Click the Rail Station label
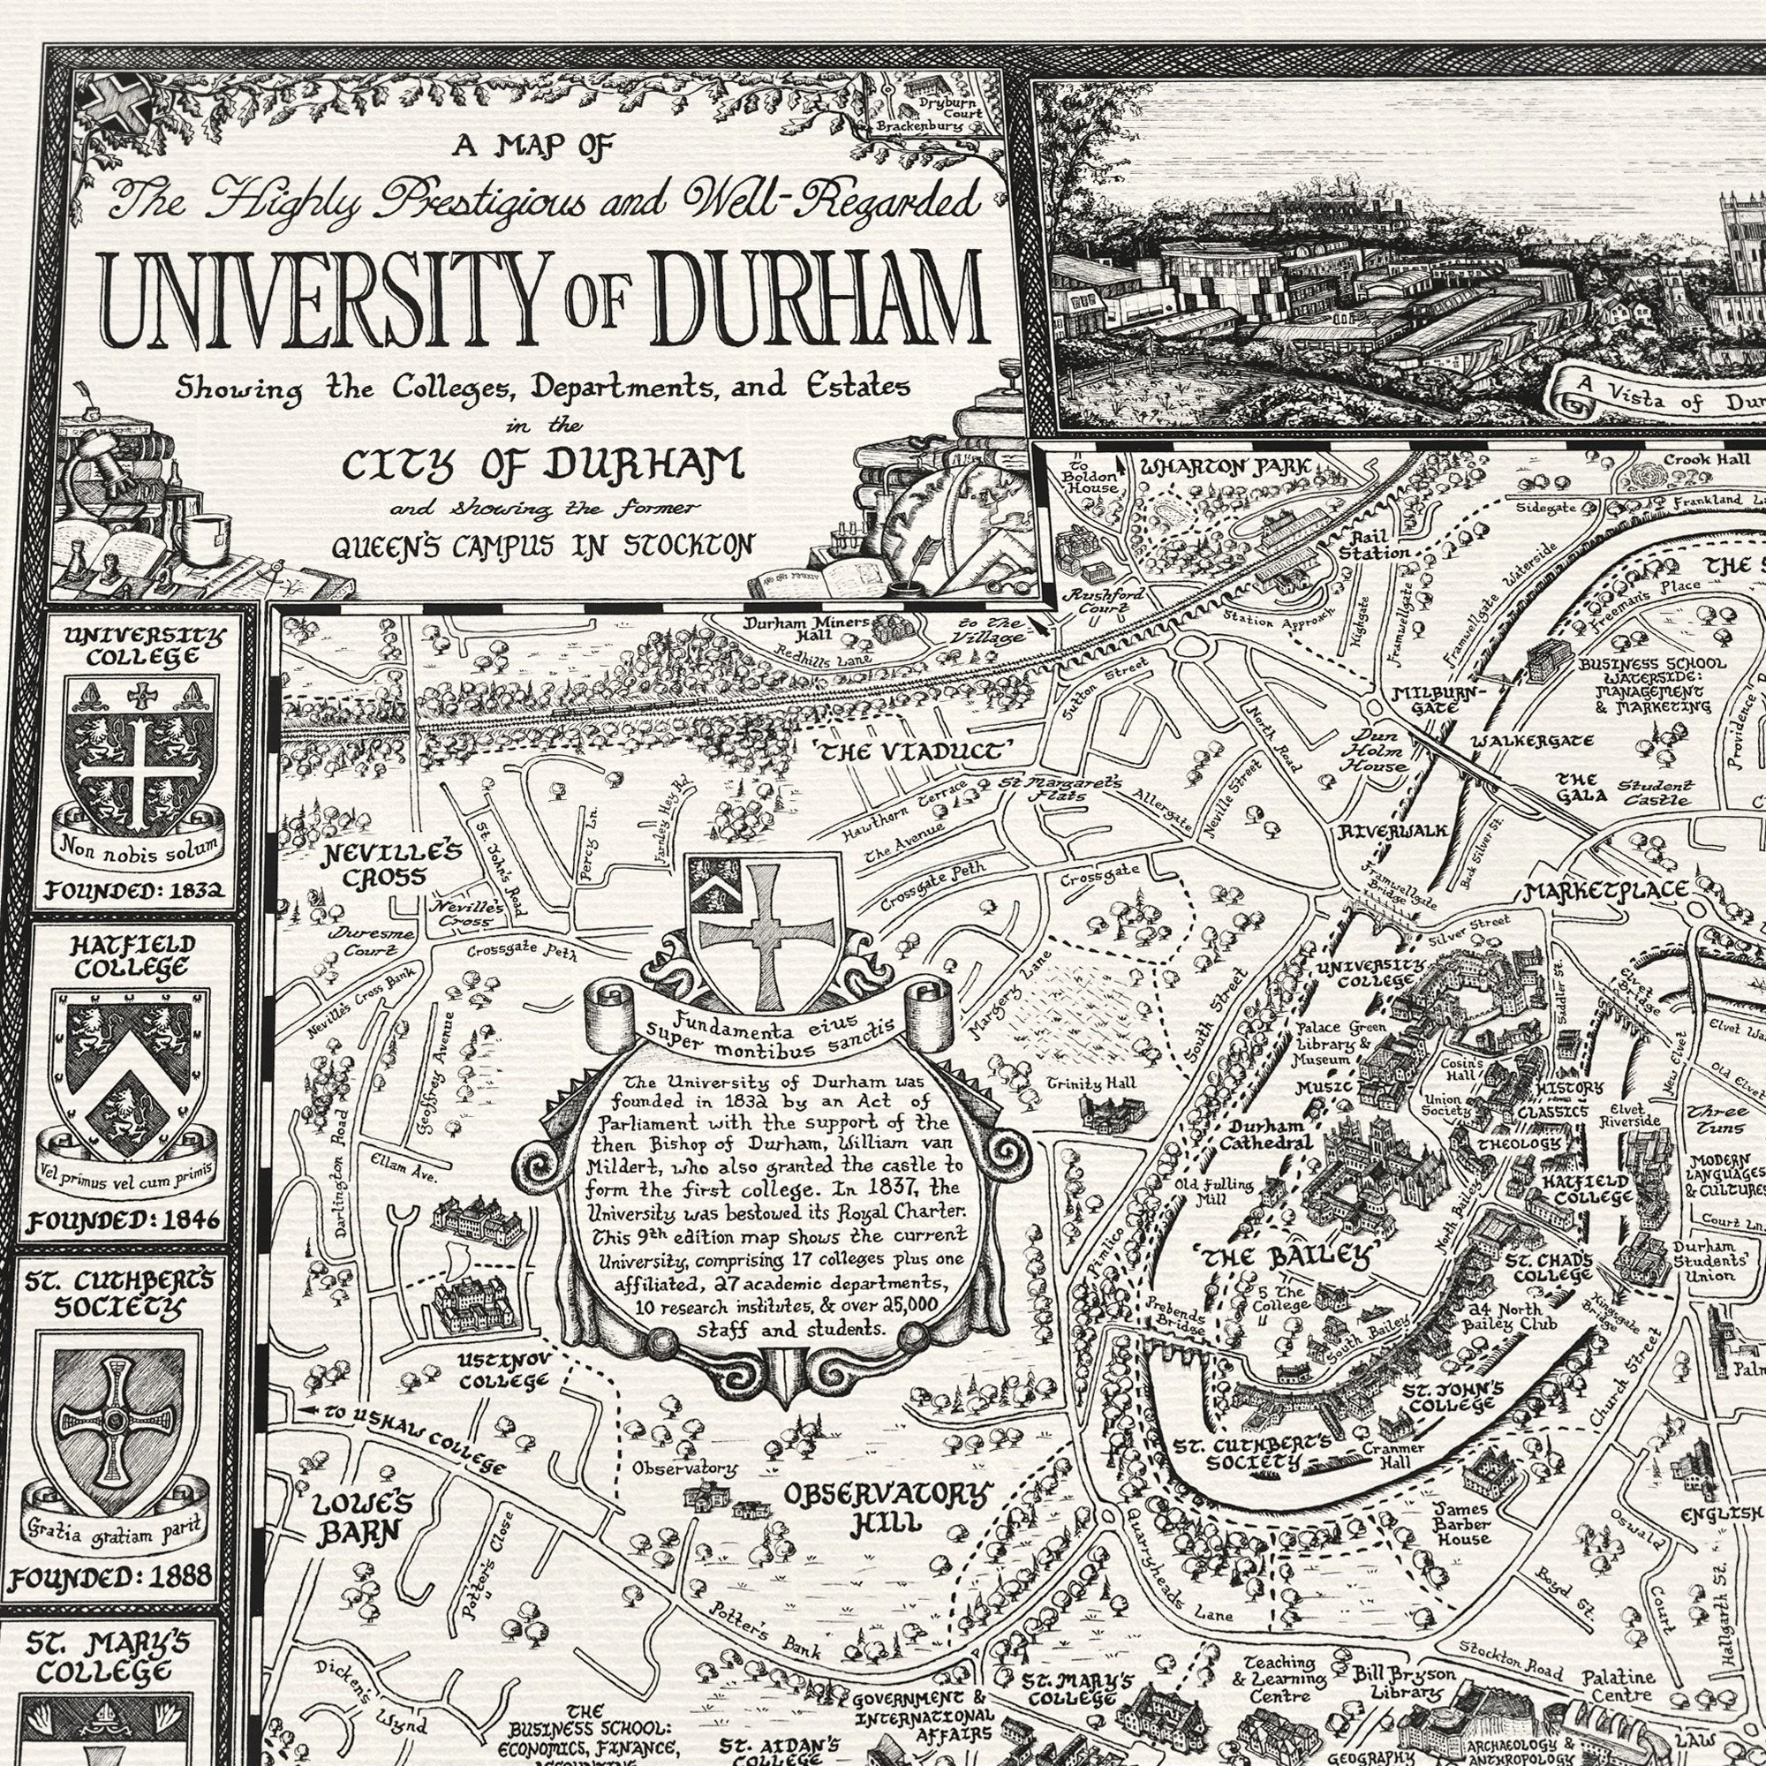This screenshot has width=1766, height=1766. click(1374, 545)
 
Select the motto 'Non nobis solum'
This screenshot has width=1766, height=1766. click(139, 849)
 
